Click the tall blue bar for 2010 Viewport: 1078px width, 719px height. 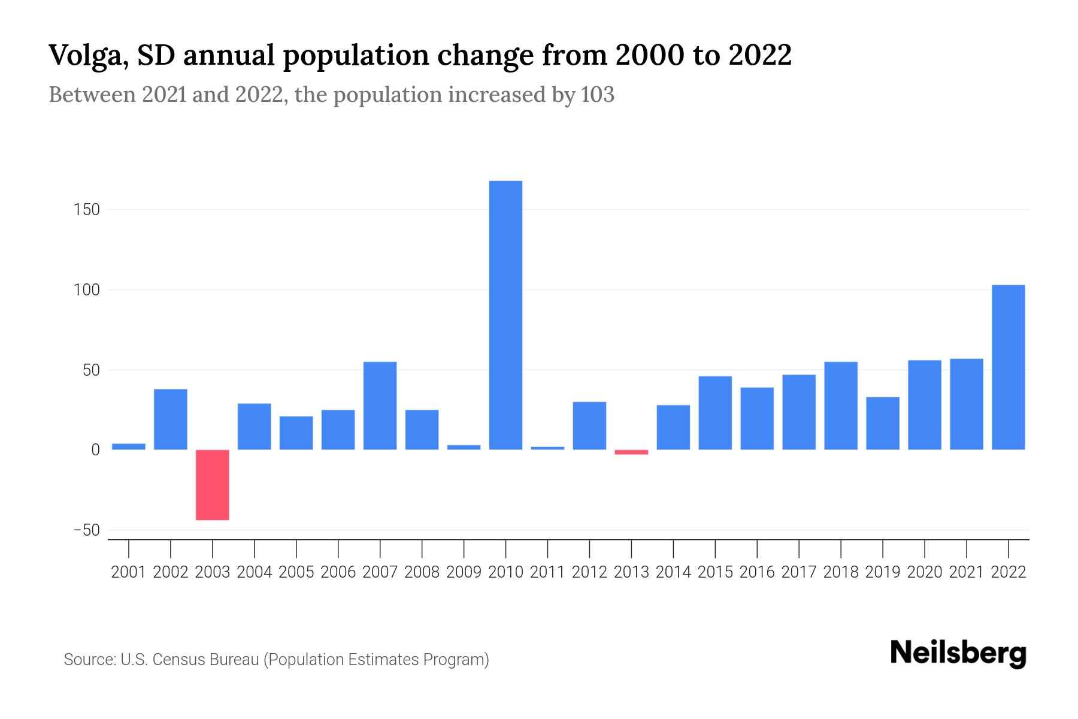(505, 315)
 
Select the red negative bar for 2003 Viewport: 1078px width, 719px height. (213, 485)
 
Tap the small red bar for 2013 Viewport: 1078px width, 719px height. (631, 452)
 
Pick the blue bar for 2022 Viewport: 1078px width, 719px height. (1009, 367)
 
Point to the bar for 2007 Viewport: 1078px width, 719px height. (380, 406)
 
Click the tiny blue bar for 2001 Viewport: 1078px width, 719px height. (129, 446)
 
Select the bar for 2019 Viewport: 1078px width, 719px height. (883, 423)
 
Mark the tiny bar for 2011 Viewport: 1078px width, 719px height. (547, 448)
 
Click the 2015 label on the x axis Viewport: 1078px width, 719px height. (715, 572)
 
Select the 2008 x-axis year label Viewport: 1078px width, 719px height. (422, 572)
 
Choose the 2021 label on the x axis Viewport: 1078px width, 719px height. (966, 572)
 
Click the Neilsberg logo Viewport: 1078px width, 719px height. (958, 654)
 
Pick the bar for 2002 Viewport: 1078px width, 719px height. (171, 419)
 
